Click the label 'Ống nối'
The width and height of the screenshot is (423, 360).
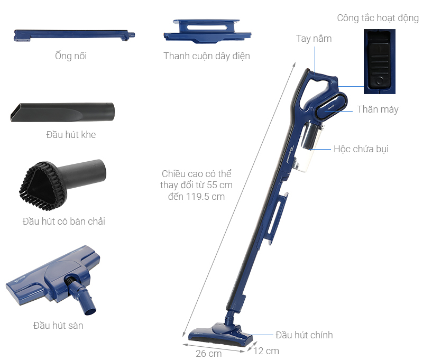70,56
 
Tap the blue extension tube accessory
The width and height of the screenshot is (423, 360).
74,35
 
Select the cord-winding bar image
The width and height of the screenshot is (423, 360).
207,31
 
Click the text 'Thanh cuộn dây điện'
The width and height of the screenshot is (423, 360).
207,56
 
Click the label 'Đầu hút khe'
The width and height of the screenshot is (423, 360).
71,135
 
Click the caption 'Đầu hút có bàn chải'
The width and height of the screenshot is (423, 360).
64,221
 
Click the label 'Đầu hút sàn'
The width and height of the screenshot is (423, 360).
58,326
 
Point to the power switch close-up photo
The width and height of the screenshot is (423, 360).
379,61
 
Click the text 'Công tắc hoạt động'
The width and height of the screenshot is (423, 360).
378,19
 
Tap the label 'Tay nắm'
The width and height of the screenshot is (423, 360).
314,39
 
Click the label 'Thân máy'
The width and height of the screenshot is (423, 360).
378,110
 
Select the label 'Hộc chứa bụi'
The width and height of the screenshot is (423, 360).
361,149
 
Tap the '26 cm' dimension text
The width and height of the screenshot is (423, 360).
209,354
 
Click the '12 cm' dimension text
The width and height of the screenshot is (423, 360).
265,351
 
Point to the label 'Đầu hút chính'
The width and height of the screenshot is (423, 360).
304,335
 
